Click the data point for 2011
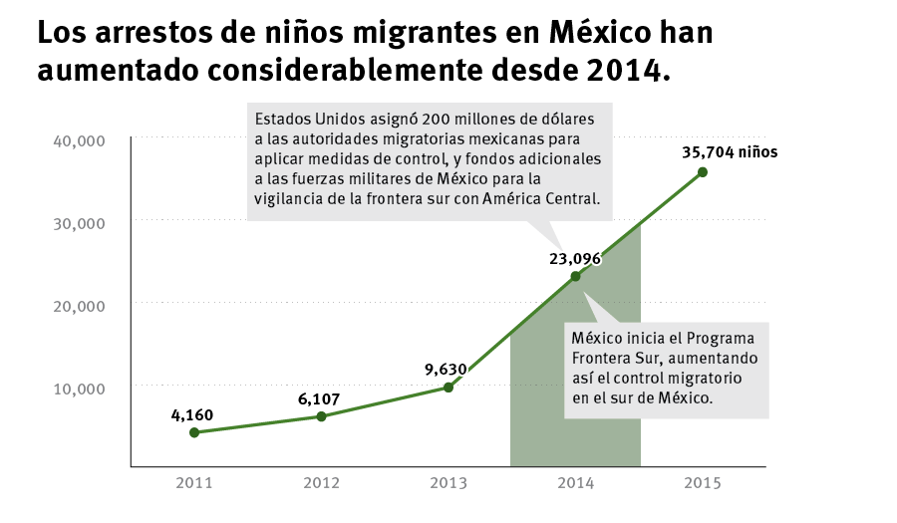click(x=194, y=432)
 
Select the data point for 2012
click(x=321, y=416)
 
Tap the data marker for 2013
click(x=448, y=387)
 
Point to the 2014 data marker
click(x=575, y=276)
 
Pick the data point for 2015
click(x=703, y=172)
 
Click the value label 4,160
click(x=192, y=414)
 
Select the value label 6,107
click(x=319, y=398)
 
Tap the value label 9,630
click(x=446, y=369)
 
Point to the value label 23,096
click(x=575, y=258)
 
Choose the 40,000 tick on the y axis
click(x=78, y=140)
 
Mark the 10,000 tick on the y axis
click(x=78, y=388)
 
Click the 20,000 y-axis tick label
click(x=78, y=305)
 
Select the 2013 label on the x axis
click(x=448, y=483)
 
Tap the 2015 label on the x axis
click(x=703, y=483)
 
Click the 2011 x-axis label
click(x=194, y=483)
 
